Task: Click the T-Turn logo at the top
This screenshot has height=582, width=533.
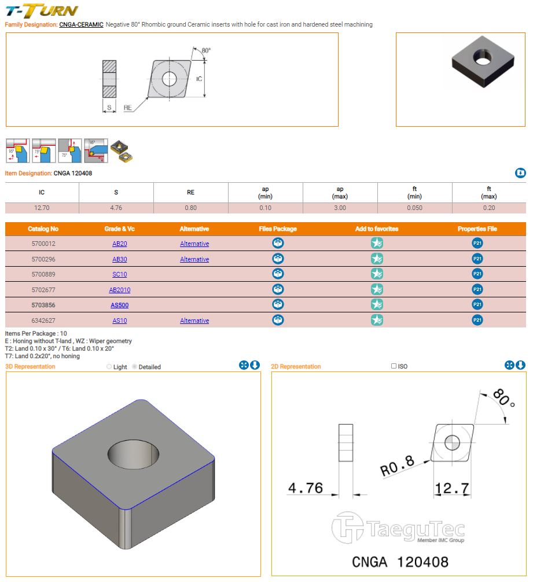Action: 42,10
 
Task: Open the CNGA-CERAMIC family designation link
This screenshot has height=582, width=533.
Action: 81,25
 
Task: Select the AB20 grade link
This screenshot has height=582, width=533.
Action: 120,244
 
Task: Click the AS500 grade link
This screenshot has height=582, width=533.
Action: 120,305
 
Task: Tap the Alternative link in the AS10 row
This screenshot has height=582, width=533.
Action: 194,321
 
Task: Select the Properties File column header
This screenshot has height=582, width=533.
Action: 477,229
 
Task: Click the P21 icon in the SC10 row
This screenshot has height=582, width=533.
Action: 477,274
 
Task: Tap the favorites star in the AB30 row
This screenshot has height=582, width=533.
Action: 377,259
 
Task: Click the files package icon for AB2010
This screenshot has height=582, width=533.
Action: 278,289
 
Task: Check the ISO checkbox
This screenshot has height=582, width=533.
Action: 394,366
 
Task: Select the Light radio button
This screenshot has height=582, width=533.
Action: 109,367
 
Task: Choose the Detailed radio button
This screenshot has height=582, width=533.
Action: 135,367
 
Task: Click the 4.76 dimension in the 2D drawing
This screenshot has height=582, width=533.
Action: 305,488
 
